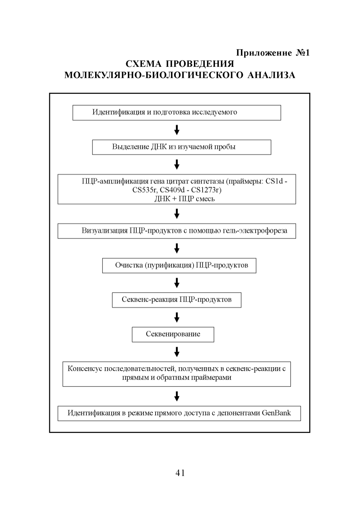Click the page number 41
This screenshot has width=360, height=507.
180,473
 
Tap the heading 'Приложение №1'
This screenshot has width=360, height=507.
273,53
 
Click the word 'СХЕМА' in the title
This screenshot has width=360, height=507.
144,64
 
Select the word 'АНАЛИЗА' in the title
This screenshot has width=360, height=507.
271,75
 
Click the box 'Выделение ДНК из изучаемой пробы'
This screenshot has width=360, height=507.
182,147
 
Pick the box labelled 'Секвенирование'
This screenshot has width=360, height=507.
173,335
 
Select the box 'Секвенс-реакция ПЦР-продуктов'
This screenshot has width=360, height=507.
177,300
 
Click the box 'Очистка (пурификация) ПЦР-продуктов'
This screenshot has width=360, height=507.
179,266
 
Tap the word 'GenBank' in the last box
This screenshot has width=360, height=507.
276,413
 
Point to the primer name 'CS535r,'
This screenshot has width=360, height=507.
145,190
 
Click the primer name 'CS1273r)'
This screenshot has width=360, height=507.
206,190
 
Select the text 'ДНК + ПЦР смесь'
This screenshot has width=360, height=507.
185,199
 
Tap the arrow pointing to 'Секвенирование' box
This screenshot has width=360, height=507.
177,317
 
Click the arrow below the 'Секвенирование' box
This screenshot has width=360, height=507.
177,352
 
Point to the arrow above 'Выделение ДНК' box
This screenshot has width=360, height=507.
177,130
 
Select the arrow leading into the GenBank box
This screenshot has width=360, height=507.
177,396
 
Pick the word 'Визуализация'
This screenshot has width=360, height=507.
104,231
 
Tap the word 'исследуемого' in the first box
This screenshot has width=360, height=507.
215,112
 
